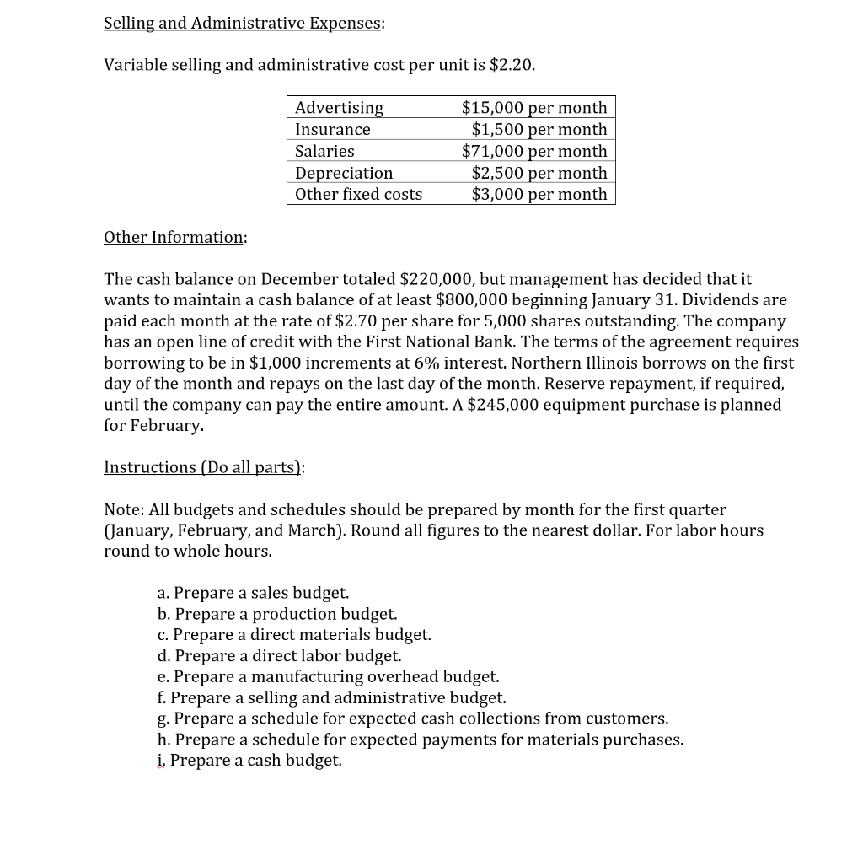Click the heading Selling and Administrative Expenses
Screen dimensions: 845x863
[x=243, y=24]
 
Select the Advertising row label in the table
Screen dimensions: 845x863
[x=339, y=108]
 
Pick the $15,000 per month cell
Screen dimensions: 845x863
[x=534, y=108]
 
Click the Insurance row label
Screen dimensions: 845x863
[x=333, y=130]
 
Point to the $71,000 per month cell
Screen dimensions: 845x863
[x=534, y=152]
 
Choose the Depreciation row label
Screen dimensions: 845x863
[x=344, y=173]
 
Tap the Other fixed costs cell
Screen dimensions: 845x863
[x=358, y=194]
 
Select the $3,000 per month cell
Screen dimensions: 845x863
[x=539, y=194]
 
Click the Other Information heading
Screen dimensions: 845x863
[x=174, y=238]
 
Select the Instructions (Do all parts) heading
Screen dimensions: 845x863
[x=202, y=467]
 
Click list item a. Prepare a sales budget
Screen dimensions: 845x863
[x=253, y=593]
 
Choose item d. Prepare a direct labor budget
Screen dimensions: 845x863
[x=279, y=655]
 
